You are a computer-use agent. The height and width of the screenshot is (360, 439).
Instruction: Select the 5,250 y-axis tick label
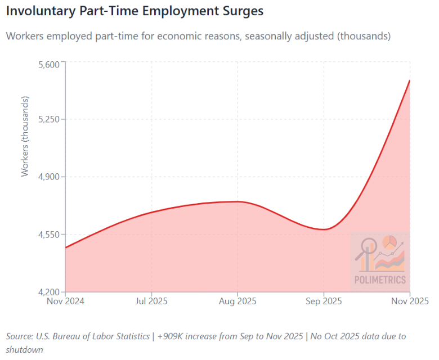(x=48, y=119)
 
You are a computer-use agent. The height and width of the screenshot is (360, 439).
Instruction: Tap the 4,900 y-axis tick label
(x=48, y=177)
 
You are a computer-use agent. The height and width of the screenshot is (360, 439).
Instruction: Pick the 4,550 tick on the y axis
(x=48, y=235)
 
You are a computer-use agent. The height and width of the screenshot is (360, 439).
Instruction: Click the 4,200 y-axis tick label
(x=48, y=292)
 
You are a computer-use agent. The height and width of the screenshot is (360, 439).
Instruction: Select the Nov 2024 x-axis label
(x=66, y=301)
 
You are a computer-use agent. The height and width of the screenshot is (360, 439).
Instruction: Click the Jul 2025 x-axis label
(x=151, y=301)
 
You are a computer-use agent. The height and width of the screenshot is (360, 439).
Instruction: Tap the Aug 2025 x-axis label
(x=238, y=301)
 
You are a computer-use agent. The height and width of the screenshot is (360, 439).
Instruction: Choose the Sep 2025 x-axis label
(x=324, y=301)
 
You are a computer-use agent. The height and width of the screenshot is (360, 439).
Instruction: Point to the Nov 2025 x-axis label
(x=409, y=301)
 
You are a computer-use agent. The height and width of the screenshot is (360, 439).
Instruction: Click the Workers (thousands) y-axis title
(x=25, y=136)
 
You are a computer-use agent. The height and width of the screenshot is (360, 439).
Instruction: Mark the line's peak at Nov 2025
(x=409, y=80)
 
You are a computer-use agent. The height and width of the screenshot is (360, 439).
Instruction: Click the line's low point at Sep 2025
(x=324, y=229)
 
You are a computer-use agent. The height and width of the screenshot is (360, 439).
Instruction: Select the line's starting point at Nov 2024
(x=66, y=247)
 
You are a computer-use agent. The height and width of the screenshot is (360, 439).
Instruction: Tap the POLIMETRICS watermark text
(x=380, y=280)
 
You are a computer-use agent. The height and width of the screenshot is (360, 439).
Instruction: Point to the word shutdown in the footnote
(x=24, y=349)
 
